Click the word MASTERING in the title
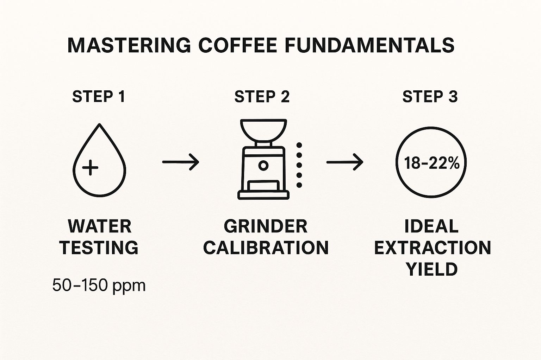129,45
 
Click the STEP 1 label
99,97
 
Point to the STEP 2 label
262,97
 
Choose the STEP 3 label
430,97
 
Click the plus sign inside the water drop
90,167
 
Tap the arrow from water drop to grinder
181,162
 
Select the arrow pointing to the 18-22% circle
345,162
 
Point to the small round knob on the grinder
263,165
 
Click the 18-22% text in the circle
431,163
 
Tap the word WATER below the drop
100,226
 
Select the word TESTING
99,247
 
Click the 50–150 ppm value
99,285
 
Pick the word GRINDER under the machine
266,226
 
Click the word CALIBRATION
266,247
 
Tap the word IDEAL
431,226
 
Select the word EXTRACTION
432,247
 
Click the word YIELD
432,269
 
